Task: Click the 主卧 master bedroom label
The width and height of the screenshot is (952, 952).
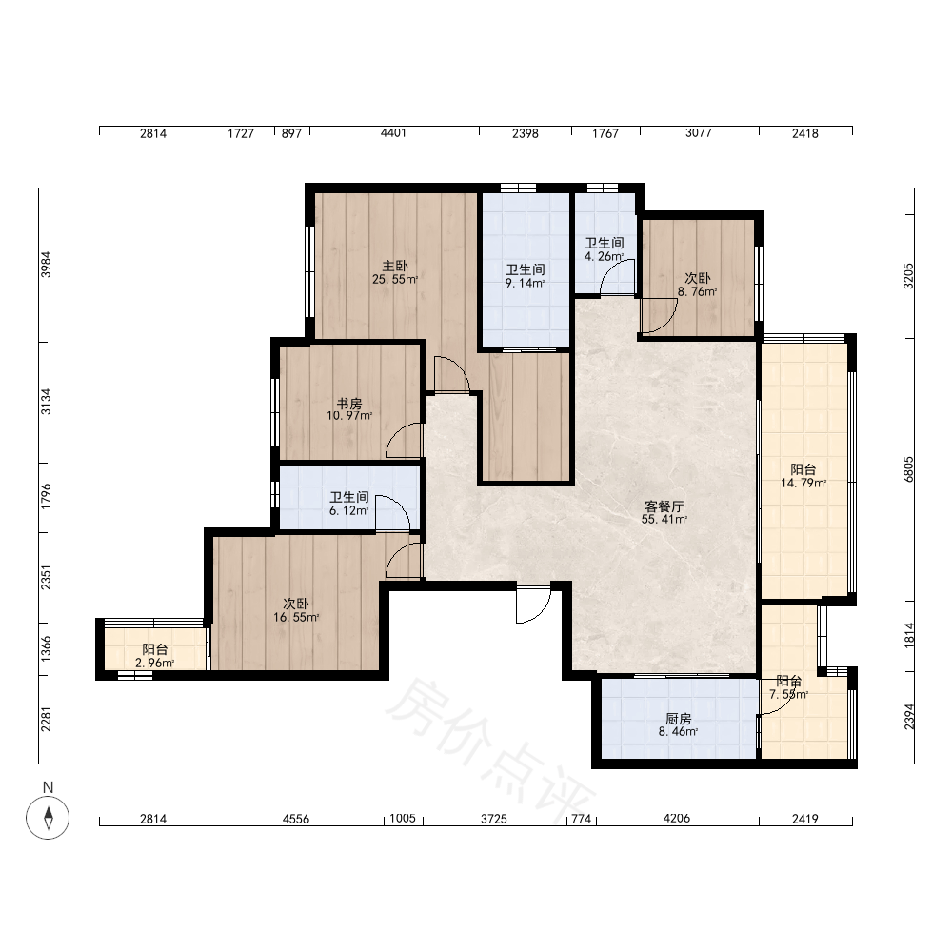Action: click(395, 266)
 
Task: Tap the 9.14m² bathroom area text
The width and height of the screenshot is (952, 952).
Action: click(526, 283)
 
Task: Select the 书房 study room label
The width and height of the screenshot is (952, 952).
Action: click(349, 404)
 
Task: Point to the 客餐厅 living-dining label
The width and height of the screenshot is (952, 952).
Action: click(664, 506)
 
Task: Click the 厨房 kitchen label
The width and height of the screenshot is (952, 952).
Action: click(678, 719)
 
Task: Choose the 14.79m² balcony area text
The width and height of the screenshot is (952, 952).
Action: click(803, 484)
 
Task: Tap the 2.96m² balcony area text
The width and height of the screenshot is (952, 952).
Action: click(155, 663)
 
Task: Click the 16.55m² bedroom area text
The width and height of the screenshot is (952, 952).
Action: click(296, 618)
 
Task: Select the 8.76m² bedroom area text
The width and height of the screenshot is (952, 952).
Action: click(698, 291)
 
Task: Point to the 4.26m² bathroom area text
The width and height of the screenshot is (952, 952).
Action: click(605, 256)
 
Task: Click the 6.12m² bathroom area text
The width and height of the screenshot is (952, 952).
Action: click(349, 510)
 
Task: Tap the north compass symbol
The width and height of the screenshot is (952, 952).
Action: click(48, 817)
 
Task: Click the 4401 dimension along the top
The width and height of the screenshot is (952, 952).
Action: click(393, 133)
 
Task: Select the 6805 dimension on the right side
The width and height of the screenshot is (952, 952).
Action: click(909, 469)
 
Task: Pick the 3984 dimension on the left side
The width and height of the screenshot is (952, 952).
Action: click(46, 265)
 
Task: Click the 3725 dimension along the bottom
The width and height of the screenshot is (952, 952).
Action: click(494, 819)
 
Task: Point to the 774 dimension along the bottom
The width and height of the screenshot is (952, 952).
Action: click(581, 819)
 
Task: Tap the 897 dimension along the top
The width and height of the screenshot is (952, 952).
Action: click(291, 133)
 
